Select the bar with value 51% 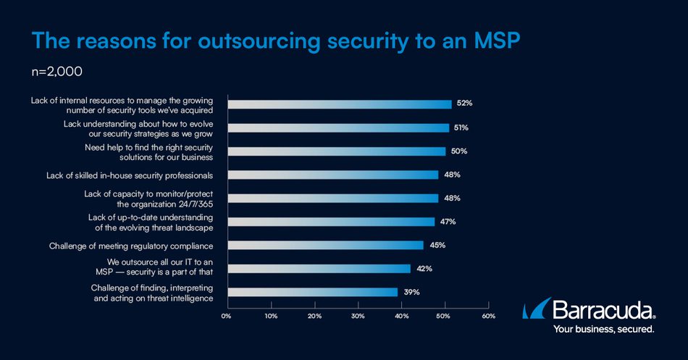coord(338,127)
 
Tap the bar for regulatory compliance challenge coord(325,245)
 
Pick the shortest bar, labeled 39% coord(312,292)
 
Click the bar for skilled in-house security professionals coord(332,175)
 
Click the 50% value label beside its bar coord(458,151)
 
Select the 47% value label coord(448,222)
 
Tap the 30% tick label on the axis coord(358,316)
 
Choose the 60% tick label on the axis coord(489,316)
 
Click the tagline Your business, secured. coord(604,329)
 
